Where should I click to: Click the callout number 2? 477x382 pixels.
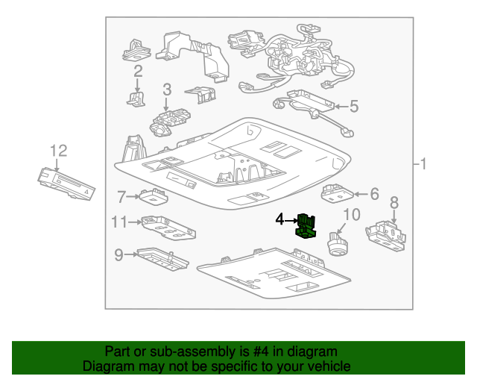click(x=138, y=71)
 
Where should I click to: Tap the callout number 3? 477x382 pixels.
click(x=167, y=90)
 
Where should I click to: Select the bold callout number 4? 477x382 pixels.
click(x=279, y=219)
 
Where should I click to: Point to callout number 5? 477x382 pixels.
click(x=354, y=106)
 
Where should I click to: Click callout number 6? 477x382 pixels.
click(x=374, y=194)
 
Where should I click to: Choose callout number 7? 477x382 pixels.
click(x=121, y=197)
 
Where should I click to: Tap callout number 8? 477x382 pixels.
click(x=394, y=203)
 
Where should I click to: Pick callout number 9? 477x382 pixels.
click(x=119, y=254)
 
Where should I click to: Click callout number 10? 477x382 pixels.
click(x=352, y=214)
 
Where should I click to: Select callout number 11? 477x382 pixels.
click(x=119, y=222)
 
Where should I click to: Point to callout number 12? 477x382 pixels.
click(x=59, y=151)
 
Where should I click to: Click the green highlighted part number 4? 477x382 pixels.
click(x=306, y=226)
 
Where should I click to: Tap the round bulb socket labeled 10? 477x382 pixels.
click(x=338, y=243)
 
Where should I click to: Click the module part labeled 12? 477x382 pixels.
click(x=66, y=184)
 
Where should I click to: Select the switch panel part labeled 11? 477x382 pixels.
click(x=168, y=228)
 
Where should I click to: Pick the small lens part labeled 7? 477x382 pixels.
click(x=154, y=196)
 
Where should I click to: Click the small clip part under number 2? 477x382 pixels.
click(x=136, y=99)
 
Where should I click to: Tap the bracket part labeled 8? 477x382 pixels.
click(x=386, y=236)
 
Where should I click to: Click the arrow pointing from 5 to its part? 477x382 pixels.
click(x=341, y=107)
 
